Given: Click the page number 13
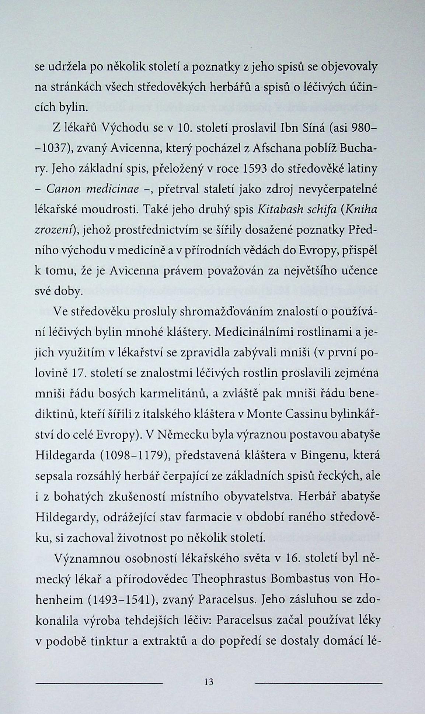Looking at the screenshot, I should pos(208,682).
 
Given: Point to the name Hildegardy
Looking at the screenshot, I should pos(66,517).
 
